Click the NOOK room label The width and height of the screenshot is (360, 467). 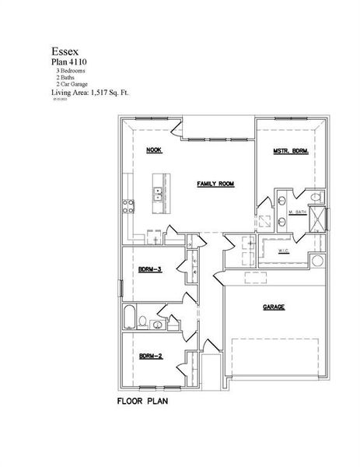point(153,149)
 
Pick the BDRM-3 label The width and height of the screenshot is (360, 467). point(149,269)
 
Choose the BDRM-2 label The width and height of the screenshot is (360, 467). point(149,356)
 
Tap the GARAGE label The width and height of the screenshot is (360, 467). point(273,307)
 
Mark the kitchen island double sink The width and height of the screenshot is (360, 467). point(159,194)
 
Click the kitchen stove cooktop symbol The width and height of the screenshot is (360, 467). point(128,206)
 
